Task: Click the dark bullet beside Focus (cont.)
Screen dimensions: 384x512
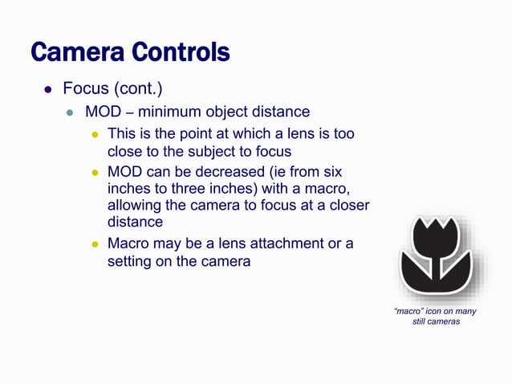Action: pyautogui.click(x=47, y=88)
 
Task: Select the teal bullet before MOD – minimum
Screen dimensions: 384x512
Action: pyautogui.click(x=70, y=112)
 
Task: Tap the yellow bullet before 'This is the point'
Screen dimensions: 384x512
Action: pyautogui.click(x=93, y=133)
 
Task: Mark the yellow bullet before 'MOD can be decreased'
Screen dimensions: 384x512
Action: pyautogui.click(x=93, y=171)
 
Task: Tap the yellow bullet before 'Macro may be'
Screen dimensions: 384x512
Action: pyautogui.click(x=93, y=243)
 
